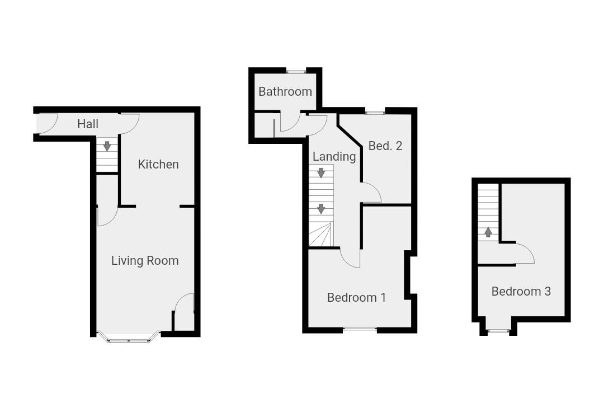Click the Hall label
[88, 124]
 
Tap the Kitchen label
[158, 164]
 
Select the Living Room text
[145, 260]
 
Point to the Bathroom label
[285, 91]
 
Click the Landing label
[334, 156]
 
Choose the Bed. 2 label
[385, 146]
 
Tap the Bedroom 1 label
[356, 297]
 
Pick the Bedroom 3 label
[521, 291]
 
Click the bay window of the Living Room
[128, 338]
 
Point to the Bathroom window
[295, 71]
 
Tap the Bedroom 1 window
[359, 329]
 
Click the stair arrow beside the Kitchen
[107, 146]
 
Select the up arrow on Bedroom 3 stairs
[488, 232]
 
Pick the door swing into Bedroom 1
[350, 258]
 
